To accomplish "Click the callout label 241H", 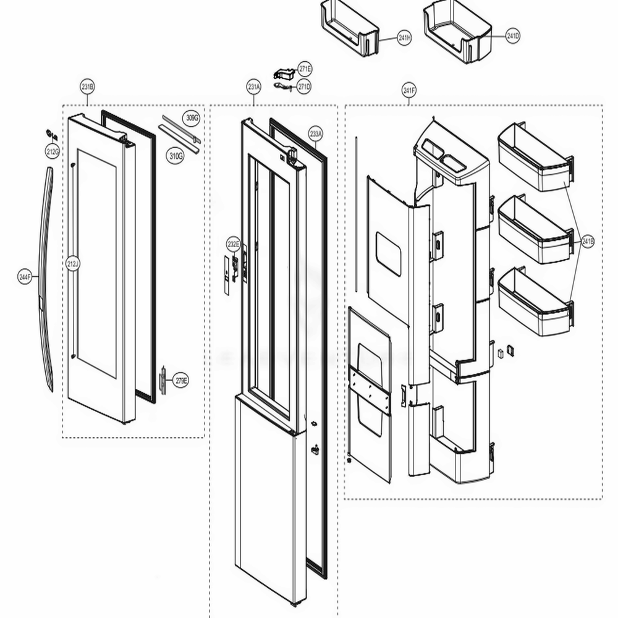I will (405, 38).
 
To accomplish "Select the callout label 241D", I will (512, 36).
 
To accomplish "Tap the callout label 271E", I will (305, 69).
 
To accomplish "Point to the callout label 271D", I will (303, 87).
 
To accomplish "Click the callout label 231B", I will (87, 87).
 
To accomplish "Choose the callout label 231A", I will (253, 87).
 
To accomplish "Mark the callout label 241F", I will (408, 91).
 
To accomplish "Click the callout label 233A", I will (315, 133).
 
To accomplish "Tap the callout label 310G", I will (176, 156).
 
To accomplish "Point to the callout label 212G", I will (51, 151).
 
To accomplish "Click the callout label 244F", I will (25, 277).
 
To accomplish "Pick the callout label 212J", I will (72, 265).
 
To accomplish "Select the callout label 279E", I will (180, 379).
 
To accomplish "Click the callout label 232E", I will (232, 243).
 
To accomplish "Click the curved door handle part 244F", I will (44, 278).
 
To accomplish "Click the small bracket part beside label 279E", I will (163, 380).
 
